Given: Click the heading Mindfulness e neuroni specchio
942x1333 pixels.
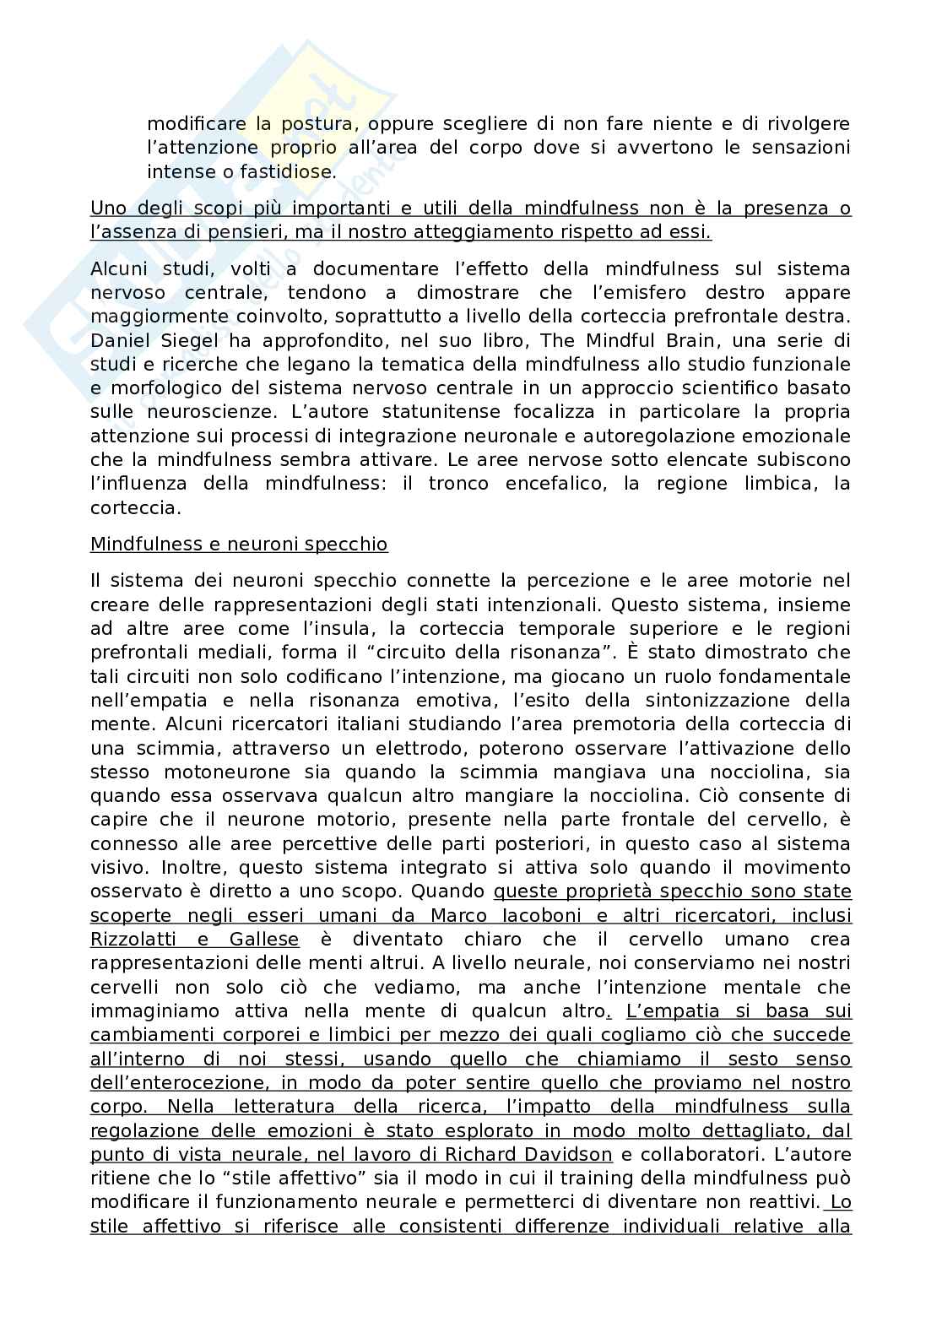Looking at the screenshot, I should (239, 545).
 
